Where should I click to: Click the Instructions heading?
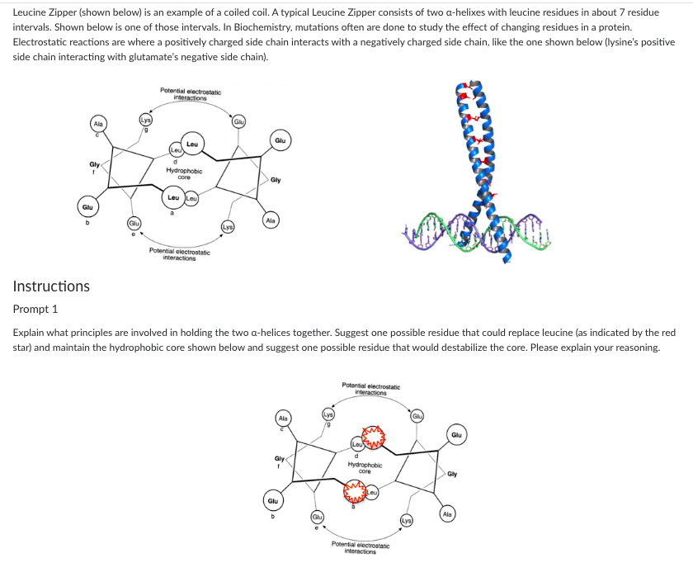coord(51,286)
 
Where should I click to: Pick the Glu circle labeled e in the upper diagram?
coord(134,224)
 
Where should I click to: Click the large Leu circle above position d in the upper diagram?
coord(192,144)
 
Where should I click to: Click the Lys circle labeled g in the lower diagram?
coord(328,414)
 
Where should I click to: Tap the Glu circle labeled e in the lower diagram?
coord(318,517)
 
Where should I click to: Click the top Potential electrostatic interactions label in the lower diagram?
coord(370,389)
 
